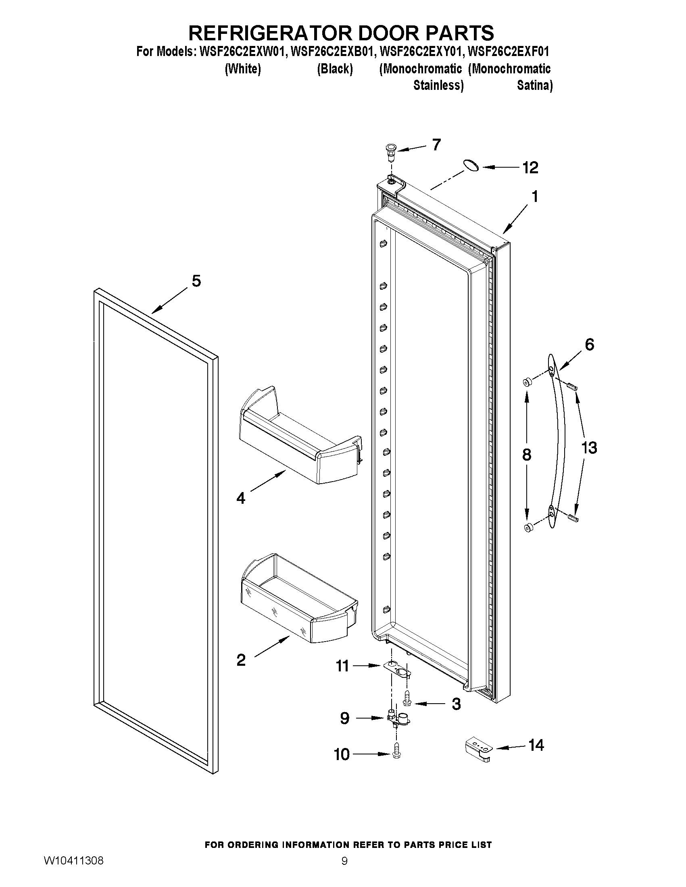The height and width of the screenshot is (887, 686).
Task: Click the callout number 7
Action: (436, 145)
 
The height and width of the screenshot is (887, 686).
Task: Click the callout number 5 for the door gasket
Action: (196, 281)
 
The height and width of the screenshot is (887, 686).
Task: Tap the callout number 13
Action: (589, 448)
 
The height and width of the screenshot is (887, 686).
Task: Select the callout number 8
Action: (526, 455)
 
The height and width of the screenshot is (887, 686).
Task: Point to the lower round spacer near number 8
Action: (528, 528)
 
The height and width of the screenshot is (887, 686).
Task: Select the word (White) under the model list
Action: (243, 69)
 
